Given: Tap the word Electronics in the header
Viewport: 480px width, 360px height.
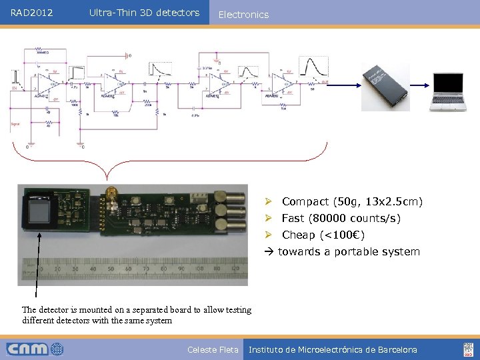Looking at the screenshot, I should [x=243, y=15].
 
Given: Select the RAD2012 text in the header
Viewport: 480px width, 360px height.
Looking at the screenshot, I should [x=32, y=13].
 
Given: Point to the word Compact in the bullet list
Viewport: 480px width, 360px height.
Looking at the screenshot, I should [x=305, y=201].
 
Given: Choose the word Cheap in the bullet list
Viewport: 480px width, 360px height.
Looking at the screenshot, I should [x=299, y=235].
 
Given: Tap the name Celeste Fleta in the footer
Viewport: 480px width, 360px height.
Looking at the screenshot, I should [x=213, y=349].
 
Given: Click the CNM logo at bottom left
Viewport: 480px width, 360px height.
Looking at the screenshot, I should [x=35, y=349].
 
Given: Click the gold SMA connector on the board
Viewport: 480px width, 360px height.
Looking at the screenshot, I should [x=113, y=195].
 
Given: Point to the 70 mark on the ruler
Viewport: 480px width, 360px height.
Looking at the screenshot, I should [x=143, y=269].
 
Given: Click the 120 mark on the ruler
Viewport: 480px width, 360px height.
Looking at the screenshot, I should [x=234, y=269].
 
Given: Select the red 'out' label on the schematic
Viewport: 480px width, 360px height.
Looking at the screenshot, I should [x=325, y=82].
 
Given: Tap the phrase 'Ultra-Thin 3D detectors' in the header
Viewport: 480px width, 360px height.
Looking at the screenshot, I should [x=144, y=13].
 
